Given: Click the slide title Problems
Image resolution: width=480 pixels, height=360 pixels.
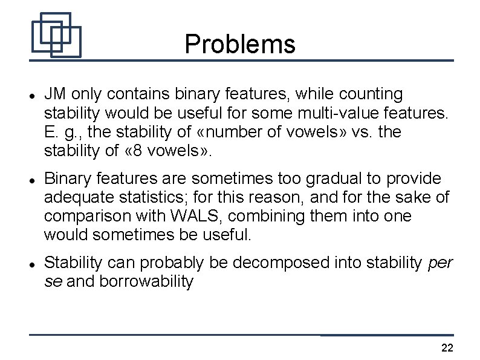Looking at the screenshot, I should [x=240, y=44].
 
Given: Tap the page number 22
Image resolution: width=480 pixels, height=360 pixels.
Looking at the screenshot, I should [x=447, y=347].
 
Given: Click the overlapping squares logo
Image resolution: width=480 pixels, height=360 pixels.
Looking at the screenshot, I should [x=56, y=35].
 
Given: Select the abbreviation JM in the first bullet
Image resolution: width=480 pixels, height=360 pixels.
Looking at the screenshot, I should [x=54, y=94].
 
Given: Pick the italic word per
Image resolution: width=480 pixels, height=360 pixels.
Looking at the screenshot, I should [x=440, y=263].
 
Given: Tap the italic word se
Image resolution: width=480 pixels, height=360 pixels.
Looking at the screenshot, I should [x=53, y=281].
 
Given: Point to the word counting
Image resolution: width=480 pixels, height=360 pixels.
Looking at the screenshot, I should [x=369, y=94].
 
